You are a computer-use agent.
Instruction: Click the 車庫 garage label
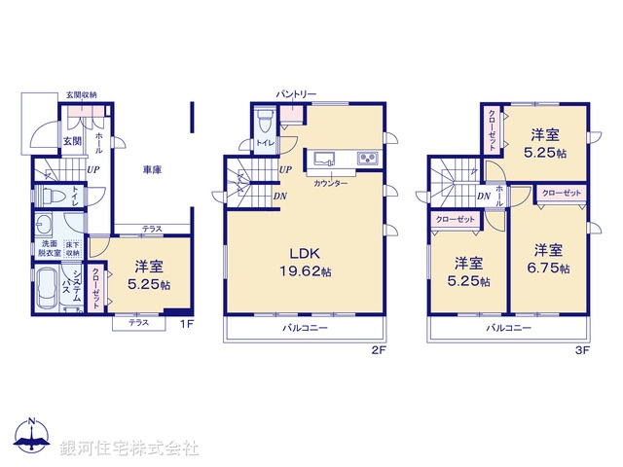point(150,169)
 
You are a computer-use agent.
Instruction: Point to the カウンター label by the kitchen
point(332,182)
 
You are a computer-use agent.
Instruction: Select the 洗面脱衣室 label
point(51,247)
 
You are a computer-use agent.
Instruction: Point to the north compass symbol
point(32,434)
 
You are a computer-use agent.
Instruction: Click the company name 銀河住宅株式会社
point(129,449)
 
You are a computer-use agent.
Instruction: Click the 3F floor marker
point(582,350)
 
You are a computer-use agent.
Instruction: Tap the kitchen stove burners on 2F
point(367,159)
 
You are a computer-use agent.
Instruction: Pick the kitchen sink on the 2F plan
point(323,159)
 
